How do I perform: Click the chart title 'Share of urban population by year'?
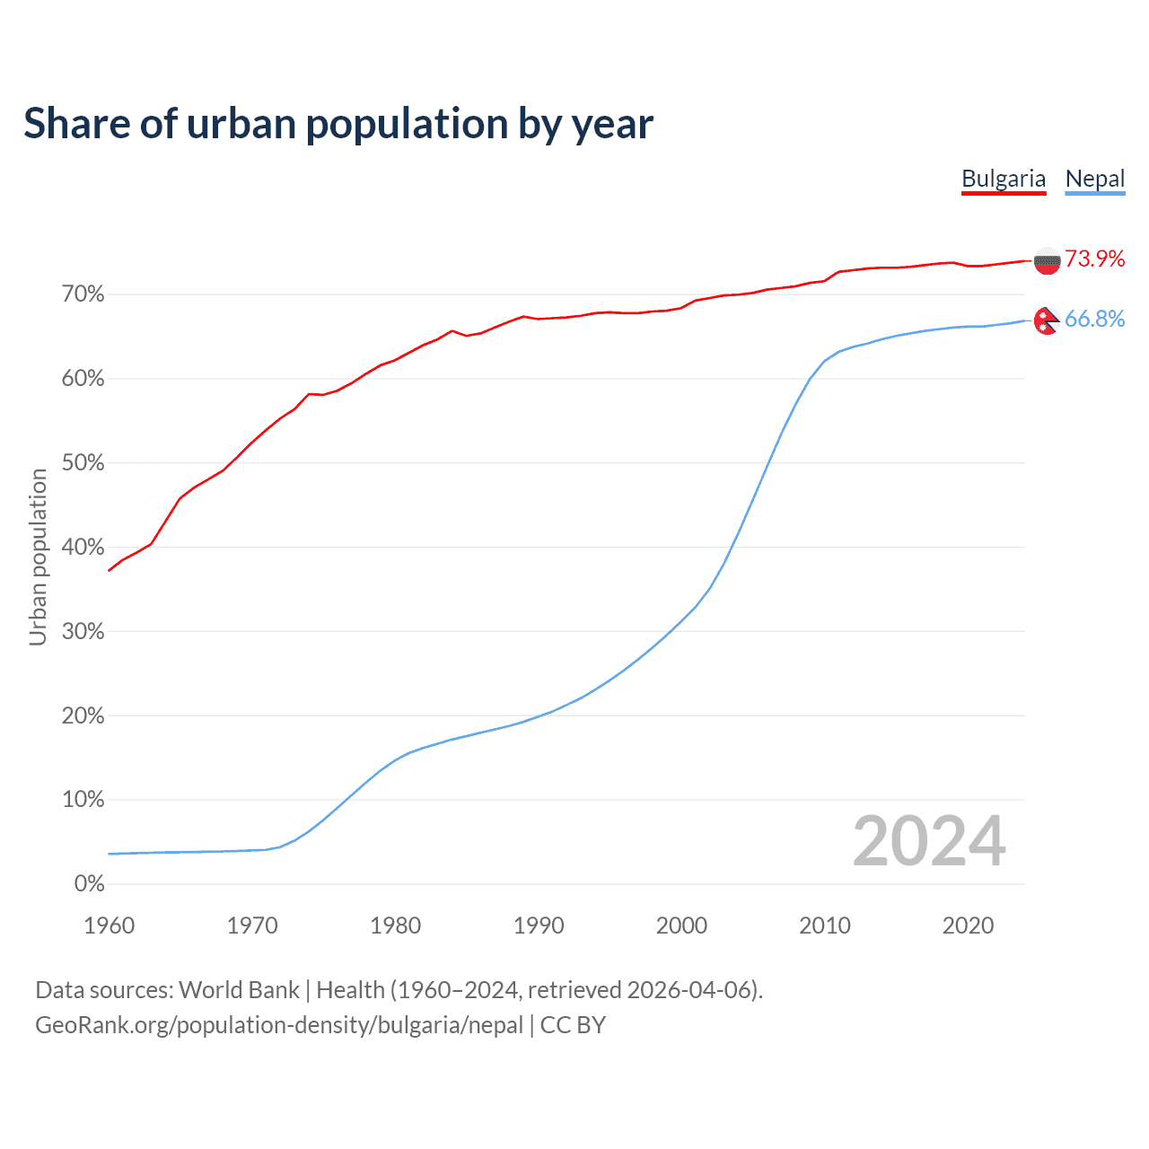pos(338,124)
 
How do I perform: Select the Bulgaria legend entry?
pos(1004,179)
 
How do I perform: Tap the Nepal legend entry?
pos(1095,179)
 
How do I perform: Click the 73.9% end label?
pos(1095,259)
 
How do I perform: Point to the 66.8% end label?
pos(1095,320)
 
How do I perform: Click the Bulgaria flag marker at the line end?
pos(1047,261)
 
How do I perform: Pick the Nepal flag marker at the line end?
pos(1047,320)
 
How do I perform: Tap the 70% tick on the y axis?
pos(83,294)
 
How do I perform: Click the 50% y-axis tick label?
pos(83,463)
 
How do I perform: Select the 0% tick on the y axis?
pos(89,884)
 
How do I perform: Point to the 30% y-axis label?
pos(83,632)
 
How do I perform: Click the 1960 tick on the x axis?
pos(109,925)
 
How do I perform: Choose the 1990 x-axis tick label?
pos(539,925)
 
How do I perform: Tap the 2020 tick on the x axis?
pos(968,925)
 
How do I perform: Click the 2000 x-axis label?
pos(681,925)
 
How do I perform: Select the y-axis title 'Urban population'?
pos(38,557)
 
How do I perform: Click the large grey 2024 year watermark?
pos(929,842)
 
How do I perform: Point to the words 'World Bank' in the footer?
pos(239,990)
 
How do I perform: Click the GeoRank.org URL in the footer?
pos(278,1025)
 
